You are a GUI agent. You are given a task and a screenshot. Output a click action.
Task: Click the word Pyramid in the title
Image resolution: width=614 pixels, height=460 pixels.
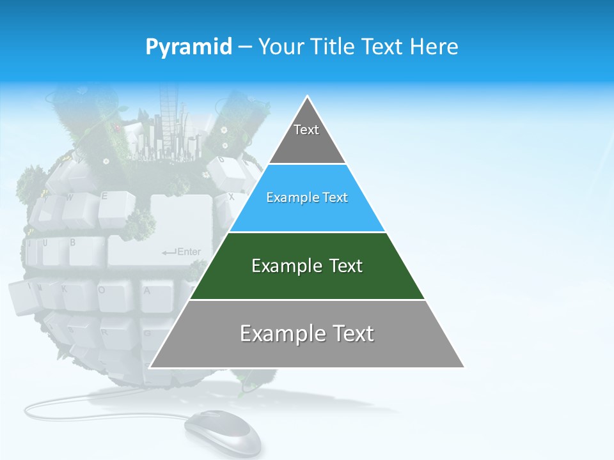pyautogui.click(x=189, y=47)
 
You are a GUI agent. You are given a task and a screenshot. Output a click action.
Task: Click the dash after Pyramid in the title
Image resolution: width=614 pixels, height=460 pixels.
pyautogui.click(x=245, y=47)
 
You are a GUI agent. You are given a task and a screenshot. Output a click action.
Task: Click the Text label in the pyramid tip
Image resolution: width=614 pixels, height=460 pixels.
pyautogui.click(x=306, y=130)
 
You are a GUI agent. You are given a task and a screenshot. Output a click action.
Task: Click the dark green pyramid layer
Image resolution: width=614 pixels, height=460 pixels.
pyautogui.click(x=397, y=281)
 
